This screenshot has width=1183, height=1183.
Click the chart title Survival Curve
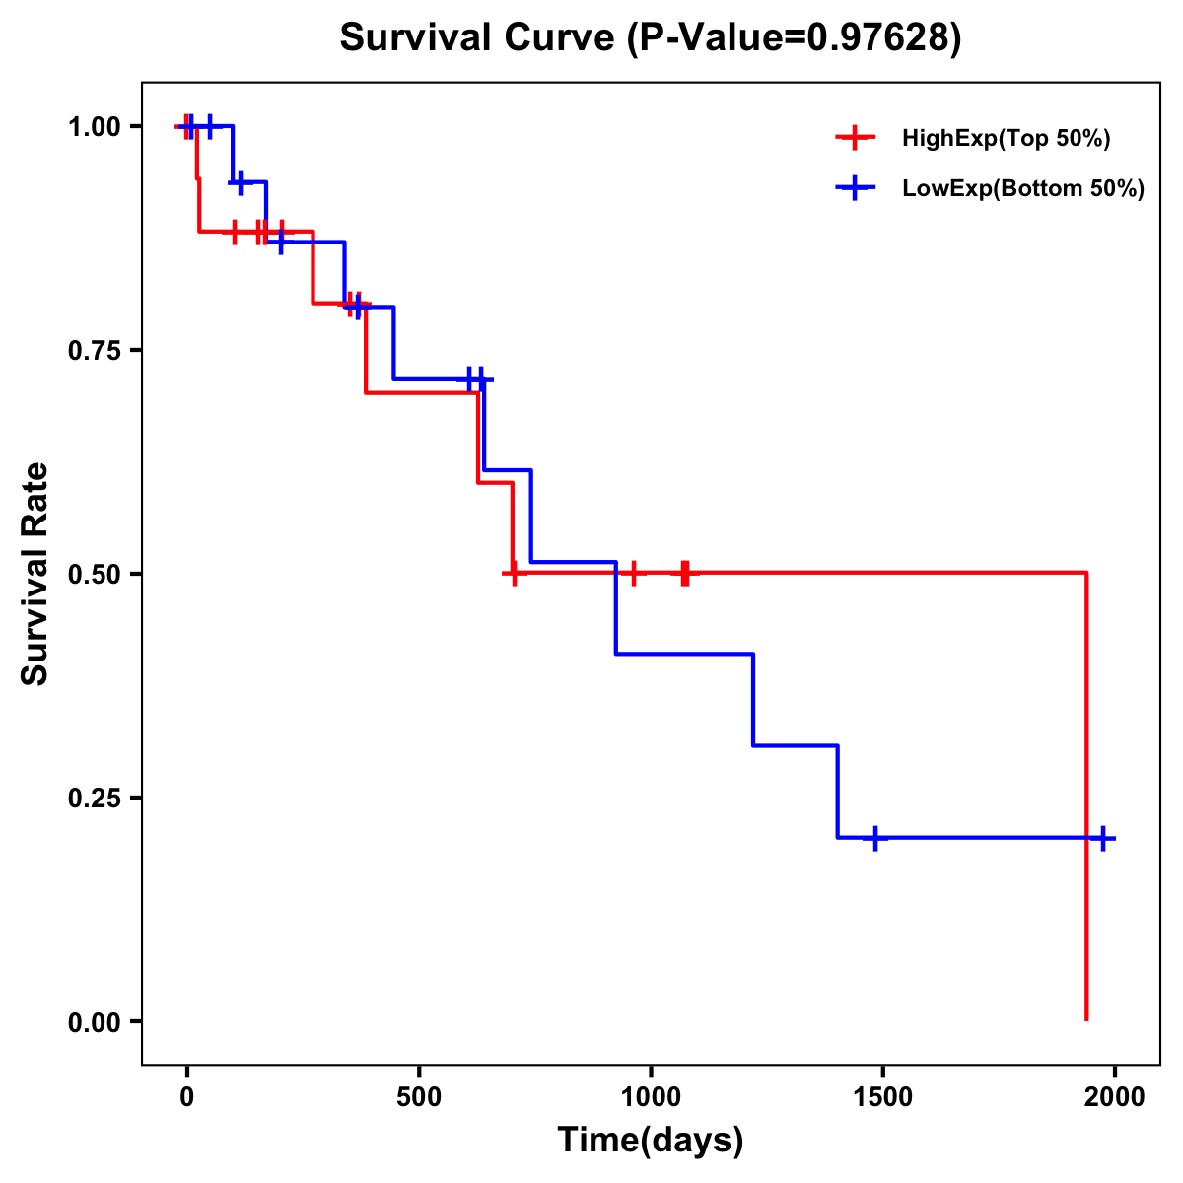click(x=479, y=37)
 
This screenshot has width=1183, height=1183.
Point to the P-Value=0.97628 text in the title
click(x=795, y=37)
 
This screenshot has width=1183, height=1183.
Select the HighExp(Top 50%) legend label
click(x=1006, y=139)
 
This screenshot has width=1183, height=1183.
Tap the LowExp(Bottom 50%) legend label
click(x=1023, y=188)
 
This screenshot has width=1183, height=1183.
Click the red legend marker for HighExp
click(x=855, y=139)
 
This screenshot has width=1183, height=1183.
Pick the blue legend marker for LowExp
click(x=855, y=188)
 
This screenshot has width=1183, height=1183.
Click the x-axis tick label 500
click(x=419, y=1098)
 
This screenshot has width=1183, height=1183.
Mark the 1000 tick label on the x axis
click(x=651, y=1098)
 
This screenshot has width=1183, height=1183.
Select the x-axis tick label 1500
click(x=882, y=1098)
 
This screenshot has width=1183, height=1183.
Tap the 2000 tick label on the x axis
click(x=1115, y=1098)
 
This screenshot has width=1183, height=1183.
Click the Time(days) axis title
click(x=651, y=1141)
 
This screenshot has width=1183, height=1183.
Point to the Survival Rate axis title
click(x=35, y=574)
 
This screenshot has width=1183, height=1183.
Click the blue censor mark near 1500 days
click(x=873, y=838)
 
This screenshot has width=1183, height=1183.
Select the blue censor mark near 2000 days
click(x=1103, y=838)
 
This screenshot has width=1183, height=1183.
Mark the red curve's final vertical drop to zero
click(x=1086, y=799)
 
